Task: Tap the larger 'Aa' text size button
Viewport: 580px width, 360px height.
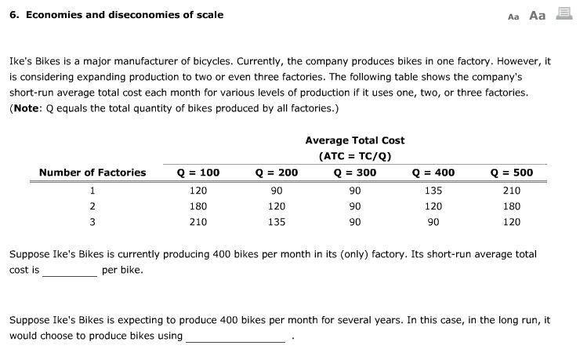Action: pyautogui.click(x=538, y=16)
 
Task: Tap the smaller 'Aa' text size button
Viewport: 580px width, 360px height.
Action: pyautogui.click(x=514, y=16)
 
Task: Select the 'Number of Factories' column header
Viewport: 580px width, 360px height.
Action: pyautogui.click(x=92, y=173)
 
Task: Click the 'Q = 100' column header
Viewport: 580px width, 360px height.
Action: pyautogui.click(x=199, y=173)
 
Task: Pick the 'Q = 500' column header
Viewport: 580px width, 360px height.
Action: pyautogui.click(x=511, y=173)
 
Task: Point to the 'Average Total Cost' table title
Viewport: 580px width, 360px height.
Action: pyautogui.click(x=355, y=140)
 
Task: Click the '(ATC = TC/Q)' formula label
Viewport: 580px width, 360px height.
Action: pyautogui.click(x=355, y=155)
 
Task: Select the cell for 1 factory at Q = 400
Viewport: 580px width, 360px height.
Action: pyautogui.click(x=433, y=190)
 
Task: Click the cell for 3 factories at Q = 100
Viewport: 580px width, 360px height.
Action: pyautogui.click(x=199, y=222)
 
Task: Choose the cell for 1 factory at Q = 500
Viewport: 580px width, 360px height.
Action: pyautogui.click(x=511, y=190)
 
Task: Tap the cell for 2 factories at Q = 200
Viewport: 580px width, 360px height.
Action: pyautogui.click(x=277, y=206)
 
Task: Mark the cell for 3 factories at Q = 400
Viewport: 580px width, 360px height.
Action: pyautogui.click(x=433, y=222)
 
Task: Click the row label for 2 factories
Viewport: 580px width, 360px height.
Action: pyautogui.click(x=92, y=206)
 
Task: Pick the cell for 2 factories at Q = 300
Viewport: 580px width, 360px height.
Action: pyautogui.click(x=355, y=206)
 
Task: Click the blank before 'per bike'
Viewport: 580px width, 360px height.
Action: pyautogui.click(x=70, y=271)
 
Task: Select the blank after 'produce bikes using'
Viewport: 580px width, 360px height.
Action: pyautogui.click(x=236, y=336)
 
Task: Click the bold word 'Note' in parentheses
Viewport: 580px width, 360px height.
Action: pyautogui.click(x=31, y=108)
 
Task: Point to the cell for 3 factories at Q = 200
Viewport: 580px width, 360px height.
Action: pyautogui.click(x=277, y=222)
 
